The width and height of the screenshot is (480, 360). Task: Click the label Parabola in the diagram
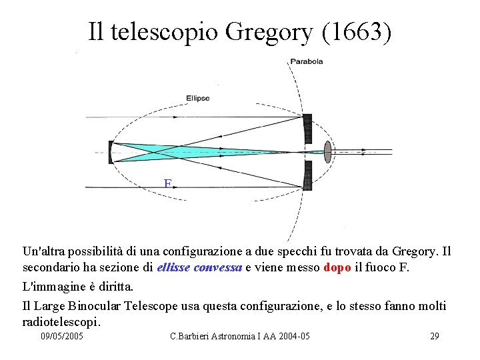(x=306, y=61)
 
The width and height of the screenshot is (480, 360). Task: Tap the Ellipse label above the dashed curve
(x=197, y=98)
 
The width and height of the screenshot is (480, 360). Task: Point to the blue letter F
(x=168, y=184)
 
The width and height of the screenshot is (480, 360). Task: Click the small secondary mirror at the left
(x=111, y=151)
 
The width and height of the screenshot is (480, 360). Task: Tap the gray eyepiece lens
(x=327, y=151)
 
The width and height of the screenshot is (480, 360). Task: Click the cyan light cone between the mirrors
(x=200, y=151)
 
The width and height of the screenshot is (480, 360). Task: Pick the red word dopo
(x=337, y=267)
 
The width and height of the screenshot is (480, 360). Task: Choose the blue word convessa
(x=218, y=267)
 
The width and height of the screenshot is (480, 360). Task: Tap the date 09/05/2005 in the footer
(x=62, y=337)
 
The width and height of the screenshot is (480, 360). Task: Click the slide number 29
(x=434, y=337)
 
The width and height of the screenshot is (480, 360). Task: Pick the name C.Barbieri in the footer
(x=191, y=337)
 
